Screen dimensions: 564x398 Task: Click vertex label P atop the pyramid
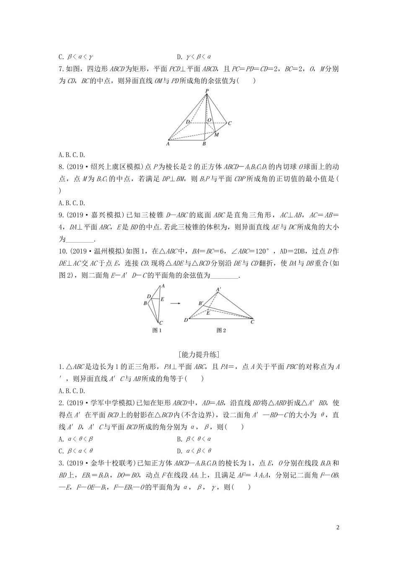tap(207, 91)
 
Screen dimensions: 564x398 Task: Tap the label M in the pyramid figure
tap(217, 135)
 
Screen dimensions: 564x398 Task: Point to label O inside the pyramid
tap(209, 120)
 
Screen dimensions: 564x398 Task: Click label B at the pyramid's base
tap(204, 144)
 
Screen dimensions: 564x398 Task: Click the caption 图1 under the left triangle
tap(157, 330)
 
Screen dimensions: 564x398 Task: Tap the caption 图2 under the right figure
tap(221, 330)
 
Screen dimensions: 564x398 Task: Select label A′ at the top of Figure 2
tap(218, 289)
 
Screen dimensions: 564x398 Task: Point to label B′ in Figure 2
tap(201, 303)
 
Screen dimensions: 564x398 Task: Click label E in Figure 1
tap(162, 299)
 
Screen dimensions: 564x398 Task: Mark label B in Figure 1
tap(145, 303)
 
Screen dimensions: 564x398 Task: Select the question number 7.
tap(61, 69)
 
